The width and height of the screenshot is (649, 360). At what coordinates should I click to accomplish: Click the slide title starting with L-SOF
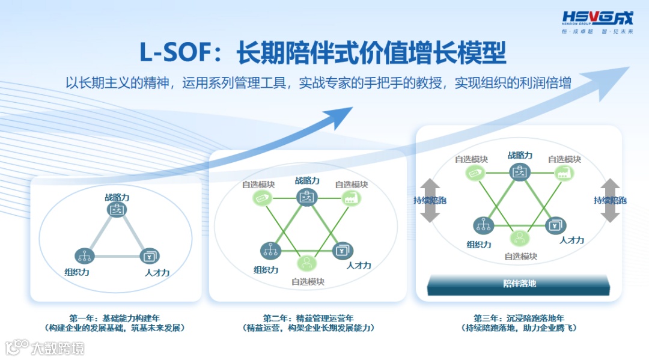coord(323,53)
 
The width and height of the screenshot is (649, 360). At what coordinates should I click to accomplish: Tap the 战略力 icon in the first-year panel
coord(117,209)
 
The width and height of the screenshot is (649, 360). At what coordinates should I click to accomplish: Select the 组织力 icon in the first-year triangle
coord(84,256)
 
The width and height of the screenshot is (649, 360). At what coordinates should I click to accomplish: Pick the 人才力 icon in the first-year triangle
coord(150,257)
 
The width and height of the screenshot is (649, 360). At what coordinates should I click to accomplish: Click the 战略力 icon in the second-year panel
coord(306,197)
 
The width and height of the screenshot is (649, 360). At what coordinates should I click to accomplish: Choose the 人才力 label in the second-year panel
coord(359,265)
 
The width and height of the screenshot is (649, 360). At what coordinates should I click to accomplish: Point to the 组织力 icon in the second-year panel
coord(270,250)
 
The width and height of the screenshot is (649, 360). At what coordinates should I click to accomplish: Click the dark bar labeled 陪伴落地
coord(519,284)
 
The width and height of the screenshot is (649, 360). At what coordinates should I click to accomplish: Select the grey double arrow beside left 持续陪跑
coord(430,200)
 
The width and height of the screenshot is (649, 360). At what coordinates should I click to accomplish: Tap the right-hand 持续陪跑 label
coord(610,200)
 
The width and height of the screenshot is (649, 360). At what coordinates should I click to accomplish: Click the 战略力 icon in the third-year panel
coord(520,172)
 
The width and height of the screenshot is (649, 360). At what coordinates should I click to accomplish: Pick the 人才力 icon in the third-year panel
coord(555,226)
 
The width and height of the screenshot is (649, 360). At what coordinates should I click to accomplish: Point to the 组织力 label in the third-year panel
coord(479,245)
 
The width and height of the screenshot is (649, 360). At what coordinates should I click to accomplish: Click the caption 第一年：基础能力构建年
coord(114,318)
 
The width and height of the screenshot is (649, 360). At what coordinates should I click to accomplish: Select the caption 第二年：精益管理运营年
coord(309,318)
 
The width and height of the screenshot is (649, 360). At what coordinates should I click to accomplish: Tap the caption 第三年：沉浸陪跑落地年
coord(520,318)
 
